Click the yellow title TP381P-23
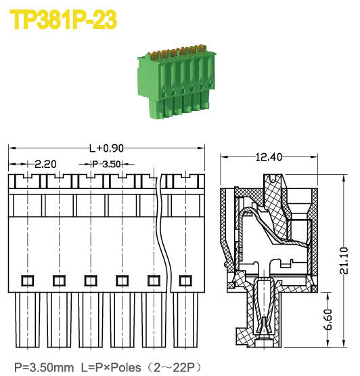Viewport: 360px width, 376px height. coord(64,20)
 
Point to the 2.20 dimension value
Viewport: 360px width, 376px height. coord(45,164)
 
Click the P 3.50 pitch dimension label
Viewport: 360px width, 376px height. coord(106,164)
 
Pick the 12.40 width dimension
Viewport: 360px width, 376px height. coord(269,157)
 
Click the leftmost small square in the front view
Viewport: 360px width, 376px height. coord(26,280)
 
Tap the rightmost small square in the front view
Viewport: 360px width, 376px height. coord(183,280)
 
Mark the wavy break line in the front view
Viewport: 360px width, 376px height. coord(162,237)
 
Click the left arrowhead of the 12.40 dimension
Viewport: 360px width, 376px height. coord(225,157)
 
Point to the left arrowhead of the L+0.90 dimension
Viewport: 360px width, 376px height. coord(11,148)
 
